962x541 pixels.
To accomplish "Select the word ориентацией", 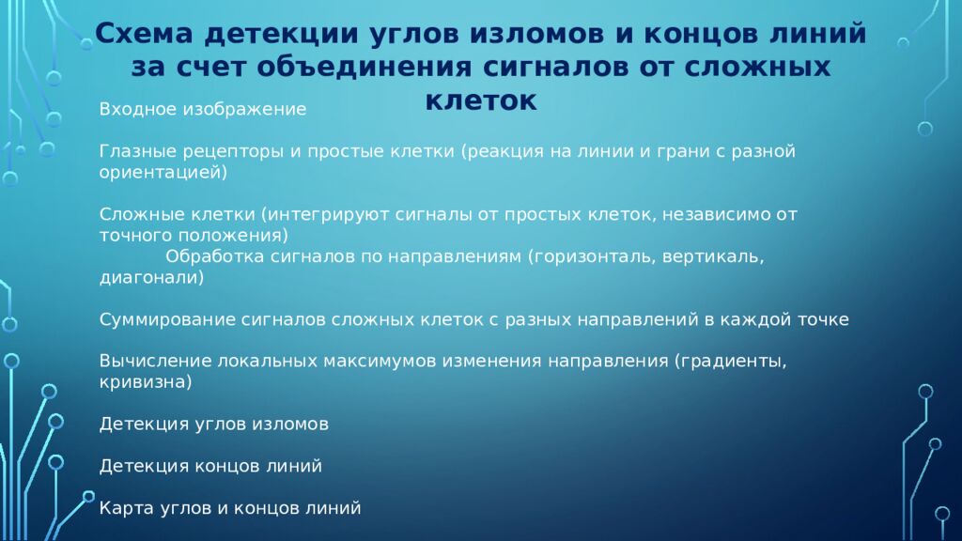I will (x=161, y=173).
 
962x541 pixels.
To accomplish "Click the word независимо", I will (x=708, y=214).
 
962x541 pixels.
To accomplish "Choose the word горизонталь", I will (x=594, y=256).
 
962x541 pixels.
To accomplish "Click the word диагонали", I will (x=149, y=278).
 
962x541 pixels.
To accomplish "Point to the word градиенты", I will (x=730, y=362).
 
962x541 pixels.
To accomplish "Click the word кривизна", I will (x=145, y=382).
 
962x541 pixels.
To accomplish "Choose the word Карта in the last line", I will (x=124, y=508).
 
